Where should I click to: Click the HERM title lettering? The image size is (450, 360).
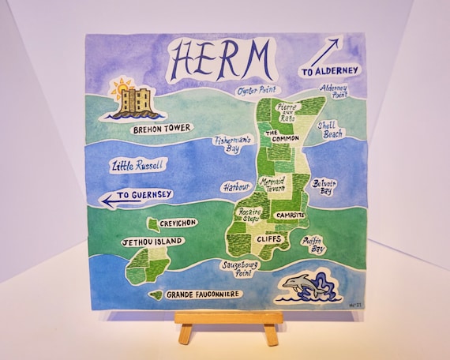pyautogui.click(x=222, y=58)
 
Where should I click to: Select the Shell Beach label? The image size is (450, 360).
pyautogui.click(x=331, y=129)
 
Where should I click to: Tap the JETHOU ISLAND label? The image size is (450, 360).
pyautogui.click(x=152, y=241)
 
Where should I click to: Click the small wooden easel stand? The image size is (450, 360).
pyautogui.click(x=228, y=324)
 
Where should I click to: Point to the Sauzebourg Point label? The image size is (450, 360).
pyautogui.click(x=240, y=269)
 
